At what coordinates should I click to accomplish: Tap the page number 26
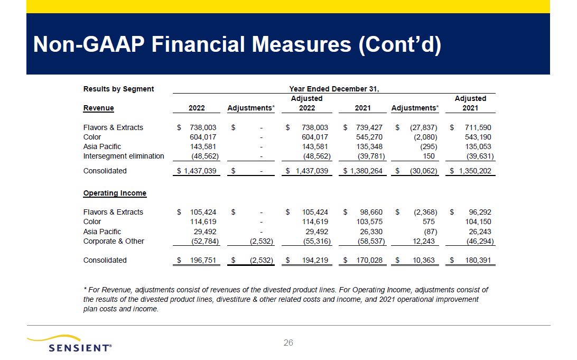coord(288,343)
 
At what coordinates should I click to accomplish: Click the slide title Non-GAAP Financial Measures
coord(237,45)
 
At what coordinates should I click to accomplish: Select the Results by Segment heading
coord(118,89)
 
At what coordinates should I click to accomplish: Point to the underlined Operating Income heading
coord(115,193)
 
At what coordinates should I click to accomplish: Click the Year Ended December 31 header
coord(334,89)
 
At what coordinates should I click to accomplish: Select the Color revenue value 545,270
coord(368,137)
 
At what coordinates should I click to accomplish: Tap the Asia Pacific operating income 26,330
coord(369,232)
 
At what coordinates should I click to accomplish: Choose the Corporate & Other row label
coord(114,241)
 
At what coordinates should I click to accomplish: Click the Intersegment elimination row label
coord(124,156)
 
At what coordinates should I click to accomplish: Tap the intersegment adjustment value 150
coord(429,156)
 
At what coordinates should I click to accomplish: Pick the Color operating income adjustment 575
coord(429,221)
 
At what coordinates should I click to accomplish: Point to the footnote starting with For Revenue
coord(285,299)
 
